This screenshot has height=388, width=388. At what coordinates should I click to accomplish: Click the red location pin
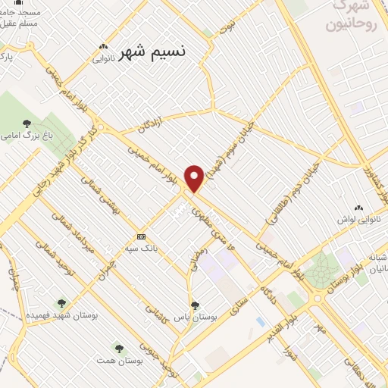[195, 177]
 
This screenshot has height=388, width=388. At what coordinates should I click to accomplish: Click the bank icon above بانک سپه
[142, 236]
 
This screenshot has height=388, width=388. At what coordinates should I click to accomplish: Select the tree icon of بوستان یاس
[195, 305]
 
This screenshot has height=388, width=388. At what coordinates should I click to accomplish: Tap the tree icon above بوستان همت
[117, 347]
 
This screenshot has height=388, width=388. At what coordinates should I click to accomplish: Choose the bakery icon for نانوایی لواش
[358, 208]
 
